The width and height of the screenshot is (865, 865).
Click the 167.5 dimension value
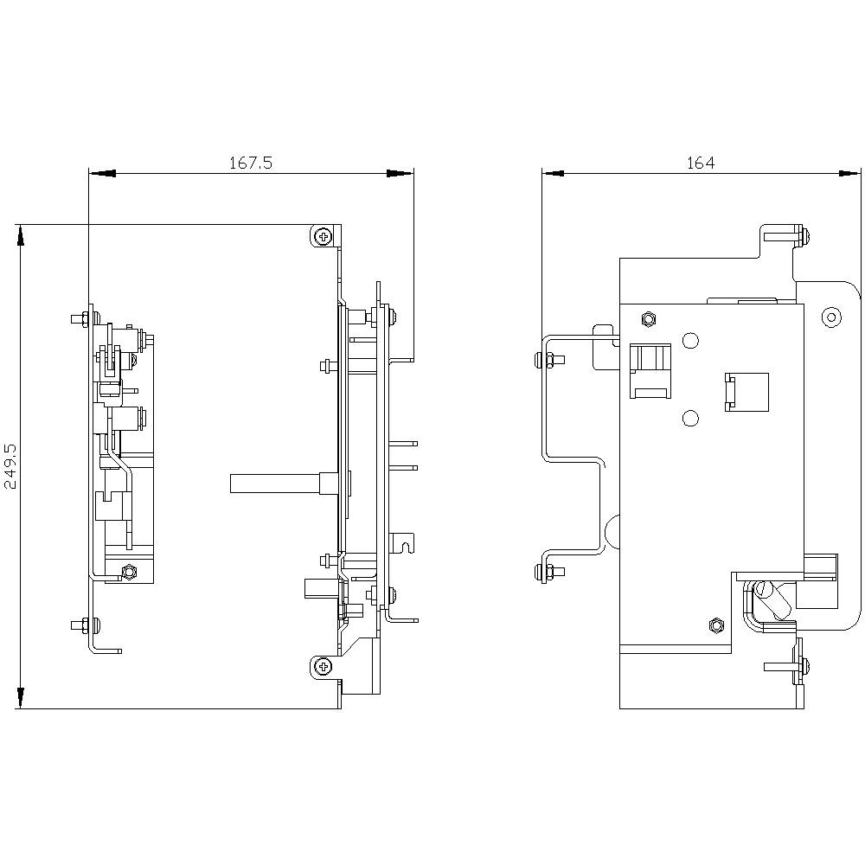tap(250, 163)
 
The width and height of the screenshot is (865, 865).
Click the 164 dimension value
tap(701, 163)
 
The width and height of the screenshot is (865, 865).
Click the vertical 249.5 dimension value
tap(10, 466)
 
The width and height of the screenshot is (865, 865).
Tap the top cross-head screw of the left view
tap(324, 235)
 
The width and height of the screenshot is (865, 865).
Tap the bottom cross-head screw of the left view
tap(324, 665)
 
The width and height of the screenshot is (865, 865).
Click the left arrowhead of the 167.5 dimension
tap(101, 174)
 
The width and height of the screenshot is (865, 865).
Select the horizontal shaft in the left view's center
tap(277, 484)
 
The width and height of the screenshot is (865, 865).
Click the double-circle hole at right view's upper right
tap(831, 317)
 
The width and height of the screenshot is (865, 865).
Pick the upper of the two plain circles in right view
tap(690, 341)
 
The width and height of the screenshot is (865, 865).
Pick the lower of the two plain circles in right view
tap(690, 419)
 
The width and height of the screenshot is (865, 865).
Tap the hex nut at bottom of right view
tap(714, 624)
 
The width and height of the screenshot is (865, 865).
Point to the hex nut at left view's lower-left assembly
tap(130, 571)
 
